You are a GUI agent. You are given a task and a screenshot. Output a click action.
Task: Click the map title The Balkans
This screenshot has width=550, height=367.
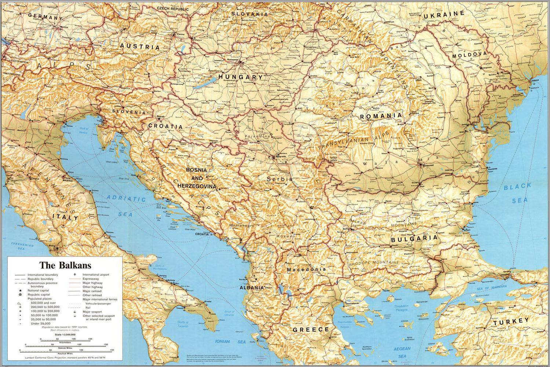[x=65, y=265]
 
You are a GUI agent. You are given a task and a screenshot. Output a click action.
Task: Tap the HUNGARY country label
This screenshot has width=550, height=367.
[x=240, y=77]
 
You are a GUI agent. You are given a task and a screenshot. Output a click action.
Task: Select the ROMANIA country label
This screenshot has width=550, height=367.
[x=380, y=116]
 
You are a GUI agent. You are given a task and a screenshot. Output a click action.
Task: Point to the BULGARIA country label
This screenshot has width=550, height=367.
[x=414, y=239]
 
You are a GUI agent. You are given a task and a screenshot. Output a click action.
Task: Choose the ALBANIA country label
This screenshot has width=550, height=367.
[x=252, y=288]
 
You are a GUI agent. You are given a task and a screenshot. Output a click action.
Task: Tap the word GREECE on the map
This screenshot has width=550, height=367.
[x=311, y=330]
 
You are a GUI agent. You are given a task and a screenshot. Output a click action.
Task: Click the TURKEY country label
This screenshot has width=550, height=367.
[x=511, y=322]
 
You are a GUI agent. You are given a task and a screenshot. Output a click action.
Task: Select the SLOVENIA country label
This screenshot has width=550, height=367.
[x=129, y=112]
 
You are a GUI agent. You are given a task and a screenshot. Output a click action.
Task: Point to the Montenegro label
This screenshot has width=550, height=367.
[x=241, y=225]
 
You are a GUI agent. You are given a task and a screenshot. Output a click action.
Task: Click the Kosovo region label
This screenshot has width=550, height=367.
[x=286, y=236]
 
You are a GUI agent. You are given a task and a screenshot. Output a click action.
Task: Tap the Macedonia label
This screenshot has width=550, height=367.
[x=306, y=269]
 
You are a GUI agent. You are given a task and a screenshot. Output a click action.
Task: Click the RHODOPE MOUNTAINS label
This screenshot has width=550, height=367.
[x=373, y=263]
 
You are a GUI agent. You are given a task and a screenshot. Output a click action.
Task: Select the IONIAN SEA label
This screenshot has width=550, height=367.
[x=230, y=341]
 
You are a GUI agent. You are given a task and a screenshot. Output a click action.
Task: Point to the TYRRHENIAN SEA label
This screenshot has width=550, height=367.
[x=22, y=246]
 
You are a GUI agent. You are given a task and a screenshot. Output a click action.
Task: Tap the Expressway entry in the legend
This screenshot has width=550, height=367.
[x=91, y=279]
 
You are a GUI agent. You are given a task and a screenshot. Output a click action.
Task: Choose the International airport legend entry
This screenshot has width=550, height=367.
[x=95, y=275]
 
